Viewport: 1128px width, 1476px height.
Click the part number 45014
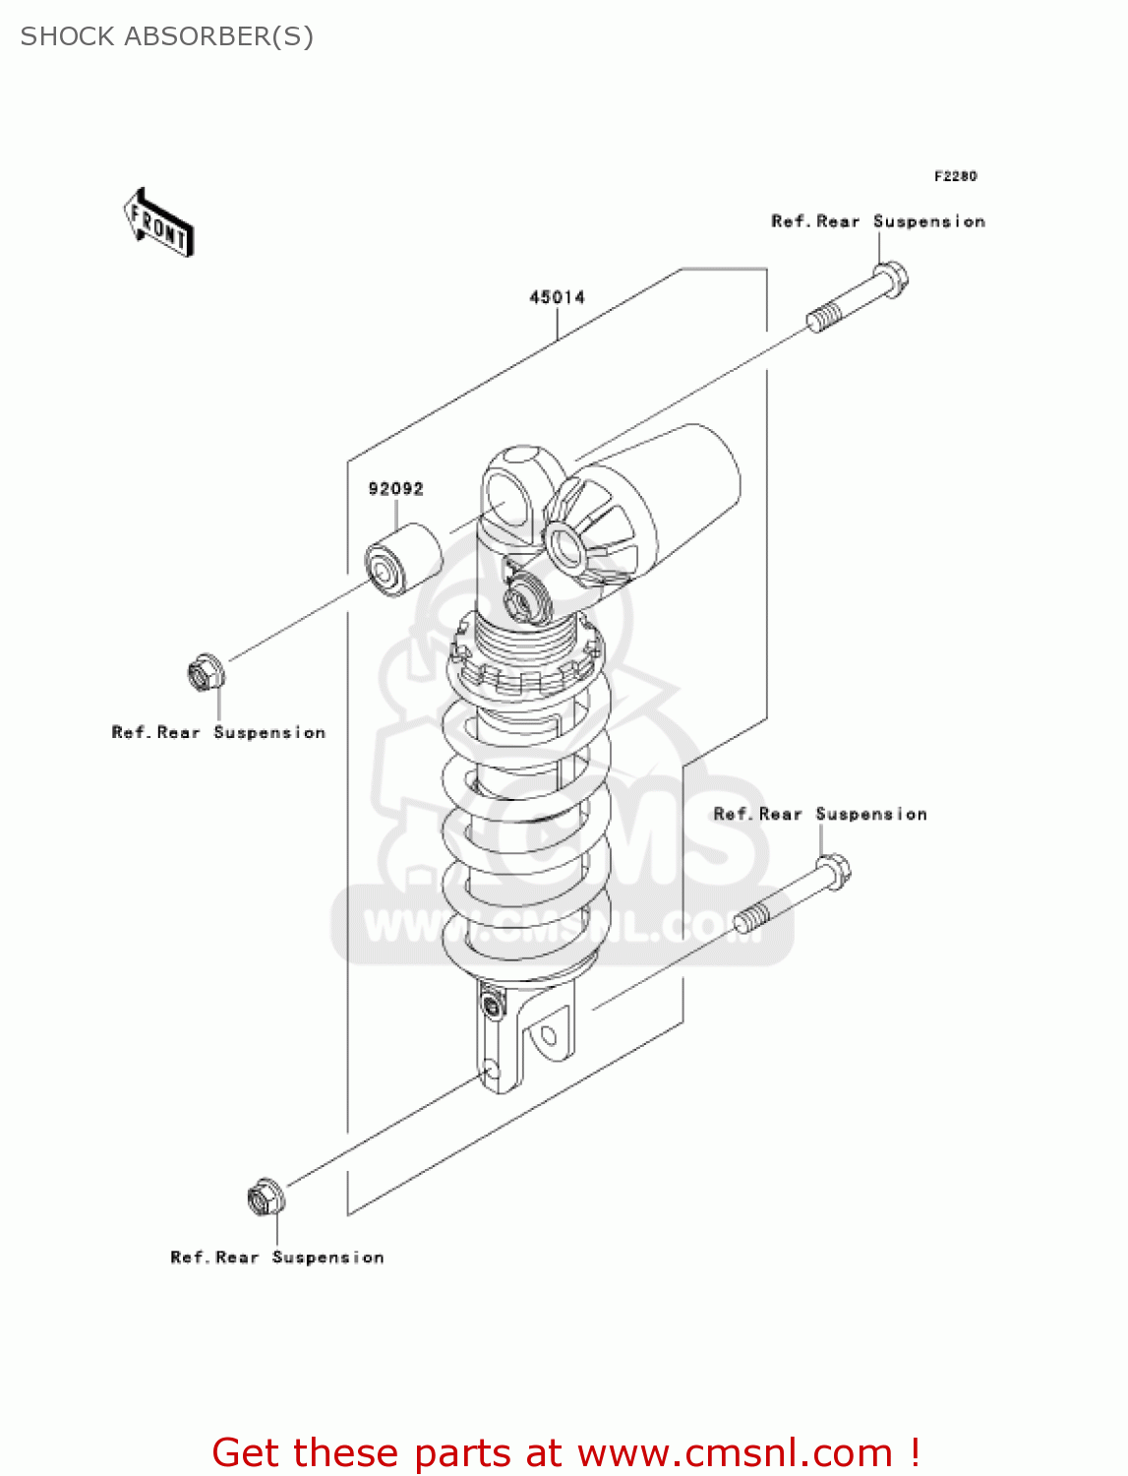click(557, 297)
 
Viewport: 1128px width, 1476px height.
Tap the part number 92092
click(395, 489)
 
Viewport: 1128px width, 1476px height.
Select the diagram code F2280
click(955, 176)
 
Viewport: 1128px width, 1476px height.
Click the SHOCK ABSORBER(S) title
click(166, 36)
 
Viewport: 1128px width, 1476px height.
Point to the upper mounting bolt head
click(892, 277)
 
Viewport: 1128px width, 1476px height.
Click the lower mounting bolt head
click(834, 871)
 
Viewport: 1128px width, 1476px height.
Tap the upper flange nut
click(207, 673)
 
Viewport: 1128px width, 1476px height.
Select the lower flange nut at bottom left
click(266, 1198)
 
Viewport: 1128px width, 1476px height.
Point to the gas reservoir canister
click(669, 492)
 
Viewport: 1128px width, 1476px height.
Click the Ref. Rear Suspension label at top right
click(877, 221)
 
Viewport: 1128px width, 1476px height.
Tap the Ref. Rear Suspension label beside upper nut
click(218, 732)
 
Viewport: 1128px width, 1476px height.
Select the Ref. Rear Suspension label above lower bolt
click(819, 814)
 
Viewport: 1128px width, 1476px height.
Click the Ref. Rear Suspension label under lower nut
click(276, 1257)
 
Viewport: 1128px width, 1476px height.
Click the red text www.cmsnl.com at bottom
click(734, 1452)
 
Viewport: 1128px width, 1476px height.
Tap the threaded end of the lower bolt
click(753, 919)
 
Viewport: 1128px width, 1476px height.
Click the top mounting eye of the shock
click(510, 492)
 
